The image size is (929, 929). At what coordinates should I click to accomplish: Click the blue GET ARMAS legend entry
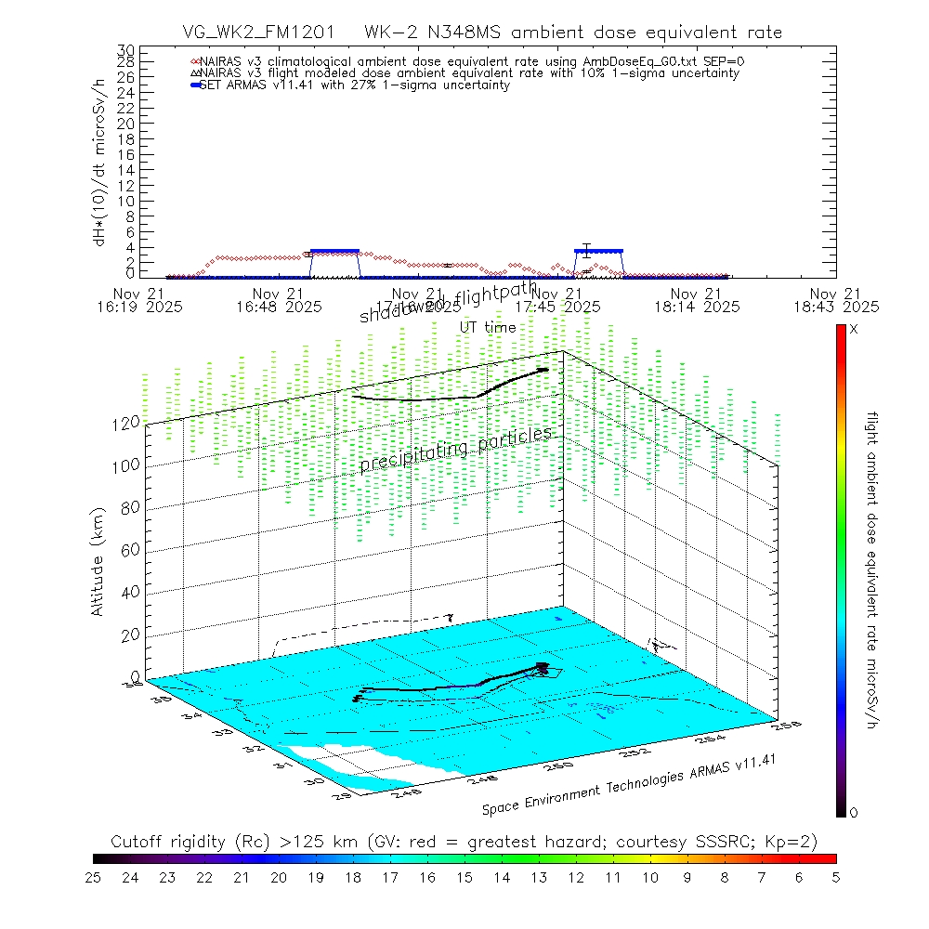click(x=353, y=85)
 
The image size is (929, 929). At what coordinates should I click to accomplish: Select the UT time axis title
click(x=488, y=327)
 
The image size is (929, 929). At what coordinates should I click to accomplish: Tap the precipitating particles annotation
click(x=455, y=450)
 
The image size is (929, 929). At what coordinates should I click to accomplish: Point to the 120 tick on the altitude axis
click(x=128, y=423)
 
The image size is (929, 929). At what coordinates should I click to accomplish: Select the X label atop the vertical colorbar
click(x=854, y=330)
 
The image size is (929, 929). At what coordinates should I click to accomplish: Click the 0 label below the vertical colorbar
click(x=854, y=813)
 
